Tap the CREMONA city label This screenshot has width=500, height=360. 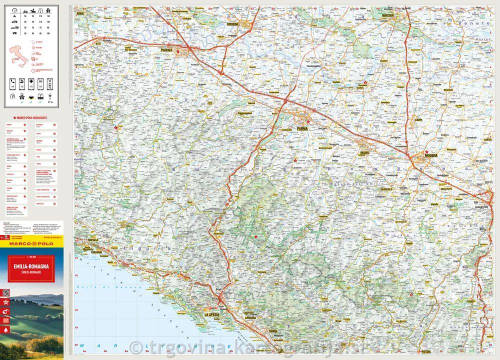coord(233,23)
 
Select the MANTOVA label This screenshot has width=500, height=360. coord(388,16)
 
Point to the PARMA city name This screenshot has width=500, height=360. coord(302,128)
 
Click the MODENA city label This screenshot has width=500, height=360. coord(430,156)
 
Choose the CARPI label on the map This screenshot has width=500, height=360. coord(419,120)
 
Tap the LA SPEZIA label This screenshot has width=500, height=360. coord(211,314)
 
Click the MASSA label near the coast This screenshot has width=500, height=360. coord(273,331)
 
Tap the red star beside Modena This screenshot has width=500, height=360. coord(426,152)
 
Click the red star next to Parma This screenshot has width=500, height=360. coord(308,122)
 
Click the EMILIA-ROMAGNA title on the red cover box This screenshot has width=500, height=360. coord(32,268)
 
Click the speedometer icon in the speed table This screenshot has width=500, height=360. coord(14,10)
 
